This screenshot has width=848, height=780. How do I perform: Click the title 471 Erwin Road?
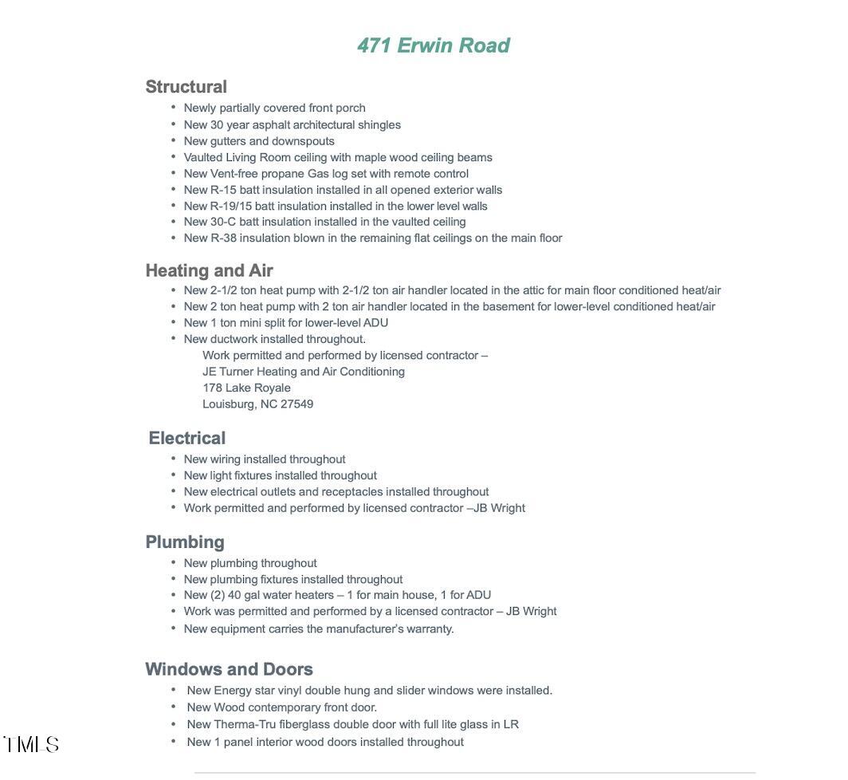click(433, 45)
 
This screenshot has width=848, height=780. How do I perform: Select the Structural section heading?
click(186, 87)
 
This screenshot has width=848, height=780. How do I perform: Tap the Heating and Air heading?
click(209, 270)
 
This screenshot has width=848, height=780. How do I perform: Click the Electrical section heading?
click(186, 438)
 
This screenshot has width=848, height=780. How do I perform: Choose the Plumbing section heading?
click(185, 542)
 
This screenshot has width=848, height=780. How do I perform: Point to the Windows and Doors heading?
click(229, 669)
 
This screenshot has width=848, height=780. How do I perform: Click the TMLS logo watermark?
click(32, 745)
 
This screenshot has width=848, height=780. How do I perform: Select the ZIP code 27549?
click(296, 404)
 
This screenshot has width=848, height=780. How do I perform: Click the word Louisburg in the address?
click(228, 404)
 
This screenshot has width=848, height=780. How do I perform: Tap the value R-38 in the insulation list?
click(223, 238)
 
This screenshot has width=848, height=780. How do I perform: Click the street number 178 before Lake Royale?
click(212, 388)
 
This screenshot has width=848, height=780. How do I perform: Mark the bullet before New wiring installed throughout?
click(173, 459)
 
